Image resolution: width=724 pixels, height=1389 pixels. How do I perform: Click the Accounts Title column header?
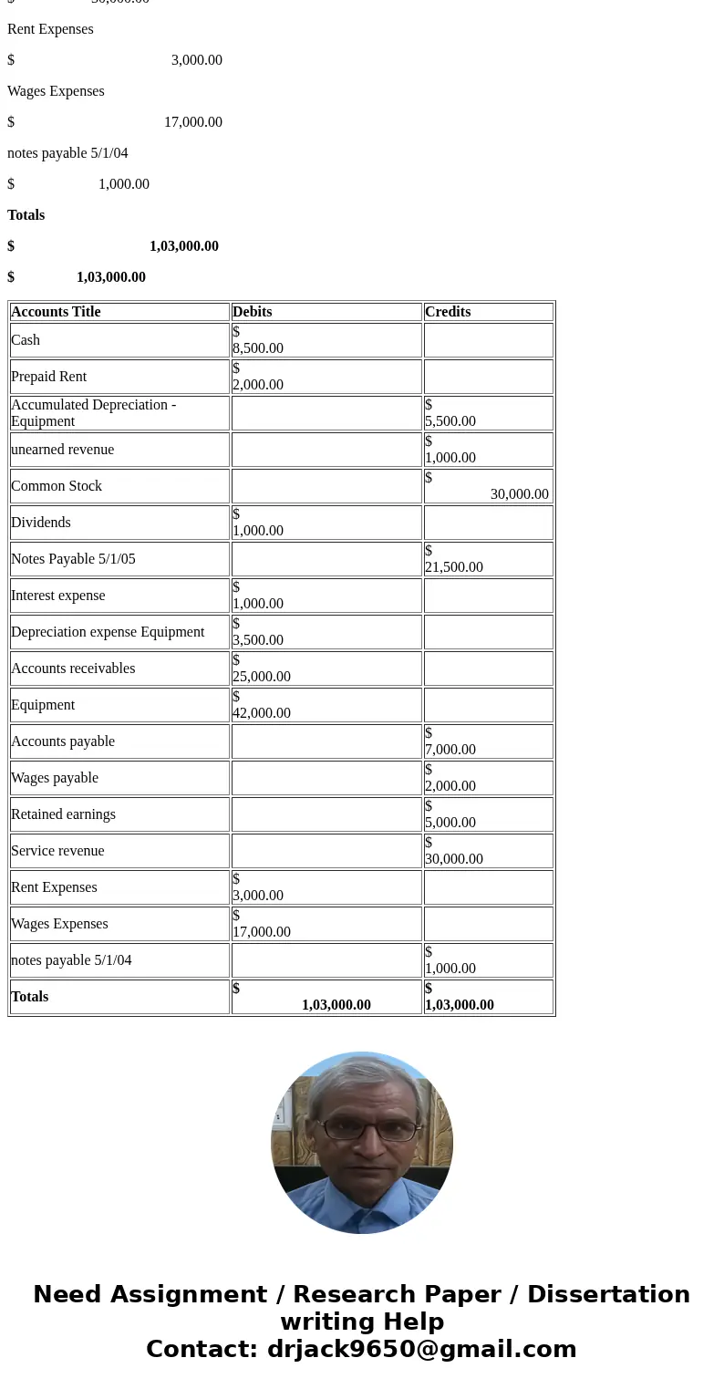pyautogui.click(x=56, y=312)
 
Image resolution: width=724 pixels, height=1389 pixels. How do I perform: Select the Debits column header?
pyautogui.click(x=253, y=312)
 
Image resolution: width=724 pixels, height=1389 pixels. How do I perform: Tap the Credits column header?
pyautogui.click(x=448, y=312)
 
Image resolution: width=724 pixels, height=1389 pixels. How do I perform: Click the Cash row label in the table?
pyautogui.click(x=26, y=340)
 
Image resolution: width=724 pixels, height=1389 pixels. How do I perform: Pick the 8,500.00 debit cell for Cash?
pyautogui.click(x=258, y=348)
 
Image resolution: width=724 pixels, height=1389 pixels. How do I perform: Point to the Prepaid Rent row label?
pyautogui.click(x=48, y=377)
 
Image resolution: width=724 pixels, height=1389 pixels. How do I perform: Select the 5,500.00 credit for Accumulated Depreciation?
pyautogui.click(x=450, y=421)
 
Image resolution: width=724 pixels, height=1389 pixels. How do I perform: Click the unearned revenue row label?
pyautogui.click(x=62, y=450)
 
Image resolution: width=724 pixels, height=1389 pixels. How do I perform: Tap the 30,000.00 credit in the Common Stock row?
pyautogui.click(x=519, y=494)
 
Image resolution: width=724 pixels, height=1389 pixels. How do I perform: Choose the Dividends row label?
pyautogui.click(x=42, y=523)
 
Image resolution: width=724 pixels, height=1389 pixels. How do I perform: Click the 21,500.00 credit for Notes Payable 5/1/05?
pyautogui.click(x=454, y=567)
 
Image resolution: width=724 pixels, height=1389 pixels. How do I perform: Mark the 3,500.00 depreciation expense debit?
pyautogui.click(x=258, y=640)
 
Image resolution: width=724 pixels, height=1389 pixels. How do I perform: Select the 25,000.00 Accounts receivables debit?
pyautogui.click(x=262, y=677)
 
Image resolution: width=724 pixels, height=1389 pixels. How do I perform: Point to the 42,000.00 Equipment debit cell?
pyautogui.click(x=262, y=713)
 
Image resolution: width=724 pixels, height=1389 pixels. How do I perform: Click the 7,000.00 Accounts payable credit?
pyautogui.click(x=450, y=750)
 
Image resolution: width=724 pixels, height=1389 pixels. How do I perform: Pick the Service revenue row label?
pyautogui.click(x=57, y=851)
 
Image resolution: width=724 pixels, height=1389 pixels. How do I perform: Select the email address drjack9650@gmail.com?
pyautogui.click(x=421, y=1350)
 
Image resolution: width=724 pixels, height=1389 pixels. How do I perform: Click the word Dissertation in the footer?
pyautogui.click(x=608, y=1295)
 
